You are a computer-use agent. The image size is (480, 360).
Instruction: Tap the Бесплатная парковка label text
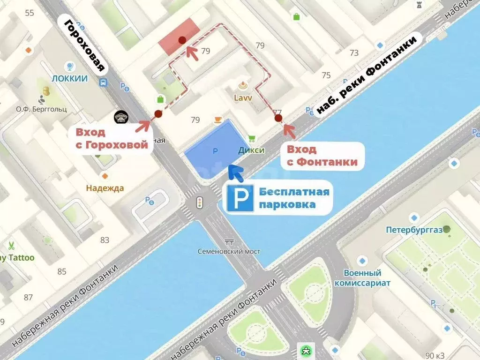pyautogui.click(x=294, y=198)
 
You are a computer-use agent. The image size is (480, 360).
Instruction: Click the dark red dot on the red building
pyautogui.click(x=182, y=41)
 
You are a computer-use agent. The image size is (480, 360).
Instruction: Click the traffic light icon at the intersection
pyautogui.click(x=199, y=203)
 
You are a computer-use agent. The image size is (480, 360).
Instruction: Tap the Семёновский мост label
pyautogui.click(x=229, y=251)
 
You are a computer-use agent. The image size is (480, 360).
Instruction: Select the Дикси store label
pyautogui.click(x=251, y=150)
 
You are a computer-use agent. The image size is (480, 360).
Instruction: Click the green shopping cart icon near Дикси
pyautogui.click(x=251, y=138)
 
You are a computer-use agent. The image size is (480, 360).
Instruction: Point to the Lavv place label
pyautogui.click(x=243, y=97)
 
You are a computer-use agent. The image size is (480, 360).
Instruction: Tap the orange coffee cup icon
pyautogui.click(x=218, y=120)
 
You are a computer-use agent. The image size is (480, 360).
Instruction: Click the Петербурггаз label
pyautogui.click(x=413, y=230)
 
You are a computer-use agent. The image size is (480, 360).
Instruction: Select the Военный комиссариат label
pyautogui.click(x=362, y=278)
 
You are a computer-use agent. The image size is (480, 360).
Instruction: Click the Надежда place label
pyautogui.click(x=105, y=188)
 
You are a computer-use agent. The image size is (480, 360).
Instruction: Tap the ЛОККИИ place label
pyautogui.click(x=70, y=79)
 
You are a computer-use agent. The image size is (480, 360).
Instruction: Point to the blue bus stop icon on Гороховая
pyautogui.click(x=103, y=82)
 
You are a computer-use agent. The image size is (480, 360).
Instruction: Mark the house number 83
pyautogui.click(x=105, y=240)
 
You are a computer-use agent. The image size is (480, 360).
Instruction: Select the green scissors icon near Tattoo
pyautogui.click(x=10, y=245)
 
